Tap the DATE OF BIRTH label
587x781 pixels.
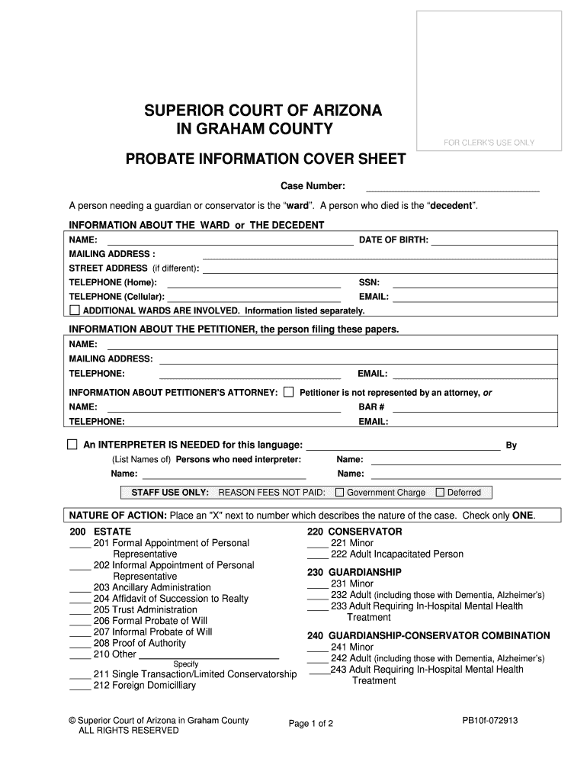tap(393, 240)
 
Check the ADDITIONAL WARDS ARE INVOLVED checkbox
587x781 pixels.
tap(75, 310)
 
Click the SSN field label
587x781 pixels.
tap(369, 282)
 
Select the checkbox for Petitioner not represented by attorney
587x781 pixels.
tap(288, 392)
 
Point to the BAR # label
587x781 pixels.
tap(371, 407)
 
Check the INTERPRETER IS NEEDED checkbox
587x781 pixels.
tap(72, 445)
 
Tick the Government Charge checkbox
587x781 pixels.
tap(340, 492)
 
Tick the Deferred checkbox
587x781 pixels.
tap(440, 492)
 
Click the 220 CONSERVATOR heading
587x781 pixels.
tap(354, 532)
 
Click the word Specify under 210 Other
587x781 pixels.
tap(186, 664)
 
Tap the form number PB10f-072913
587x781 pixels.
tap(489, 720)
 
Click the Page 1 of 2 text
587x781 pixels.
tap(311, 724)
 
